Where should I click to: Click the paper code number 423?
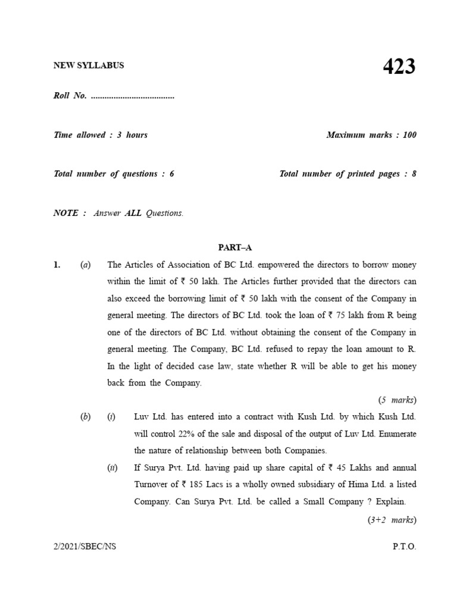[399, 67]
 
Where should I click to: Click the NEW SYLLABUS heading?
[89, 65]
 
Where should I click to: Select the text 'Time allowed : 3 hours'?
[101, 135]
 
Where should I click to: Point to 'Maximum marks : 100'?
[371, 135]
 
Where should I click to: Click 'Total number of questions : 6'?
[114, 174]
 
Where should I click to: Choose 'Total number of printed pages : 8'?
[348, 174]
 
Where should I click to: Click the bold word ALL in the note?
[133, 213]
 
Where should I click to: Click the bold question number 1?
[57, 265]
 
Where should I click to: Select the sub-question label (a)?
[85, 265]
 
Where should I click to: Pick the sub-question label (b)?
[85, 417]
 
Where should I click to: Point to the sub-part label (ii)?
[111, 468]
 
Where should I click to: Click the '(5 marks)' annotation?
[397, 400]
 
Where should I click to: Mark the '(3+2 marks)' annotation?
[391, 520]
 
